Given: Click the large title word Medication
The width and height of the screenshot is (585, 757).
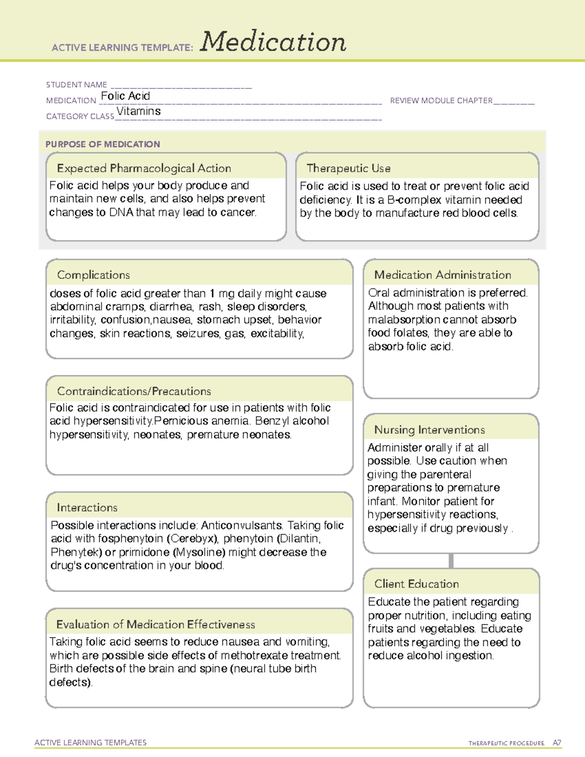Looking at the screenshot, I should click(x=273, y=42).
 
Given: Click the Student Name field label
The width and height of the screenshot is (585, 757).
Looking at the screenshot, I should click(x=77, y=85).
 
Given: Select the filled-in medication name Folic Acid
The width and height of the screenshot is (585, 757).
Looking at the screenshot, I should click(x=125, y=96).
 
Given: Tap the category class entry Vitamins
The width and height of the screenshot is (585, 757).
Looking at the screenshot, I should click(x=138, y=111).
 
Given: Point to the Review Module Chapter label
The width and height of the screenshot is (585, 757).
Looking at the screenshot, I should click(x=441, y=100).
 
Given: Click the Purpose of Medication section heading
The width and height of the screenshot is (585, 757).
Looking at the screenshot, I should click(x=102, y=144).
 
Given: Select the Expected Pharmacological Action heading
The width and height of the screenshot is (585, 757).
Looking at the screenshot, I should click(x=144, y=168).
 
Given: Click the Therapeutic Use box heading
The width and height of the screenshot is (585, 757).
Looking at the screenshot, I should click(x=349, y=168).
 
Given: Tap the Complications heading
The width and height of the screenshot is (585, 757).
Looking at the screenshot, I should click(x=93, y=275).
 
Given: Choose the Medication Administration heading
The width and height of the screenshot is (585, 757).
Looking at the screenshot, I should click(x=443, y=275).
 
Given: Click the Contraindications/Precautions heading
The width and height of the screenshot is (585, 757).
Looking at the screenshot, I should click(x=134, y=391).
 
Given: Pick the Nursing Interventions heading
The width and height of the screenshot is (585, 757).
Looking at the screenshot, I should click(x=429, y=429).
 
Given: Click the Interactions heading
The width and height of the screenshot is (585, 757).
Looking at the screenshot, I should click(x=87, y=507).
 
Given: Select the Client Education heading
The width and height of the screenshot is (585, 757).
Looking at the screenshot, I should click(x=416, y=583).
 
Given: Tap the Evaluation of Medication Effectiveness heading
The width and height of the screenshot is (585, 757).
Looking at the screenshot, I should click(x=156, y=624).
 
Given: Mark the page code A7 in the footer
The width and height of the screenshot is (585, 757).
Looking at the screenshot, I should click(x=557, y=743).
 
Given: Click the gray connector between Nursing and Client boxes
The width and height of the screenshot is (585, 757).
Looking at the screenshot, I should click(x=451, y=561).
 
